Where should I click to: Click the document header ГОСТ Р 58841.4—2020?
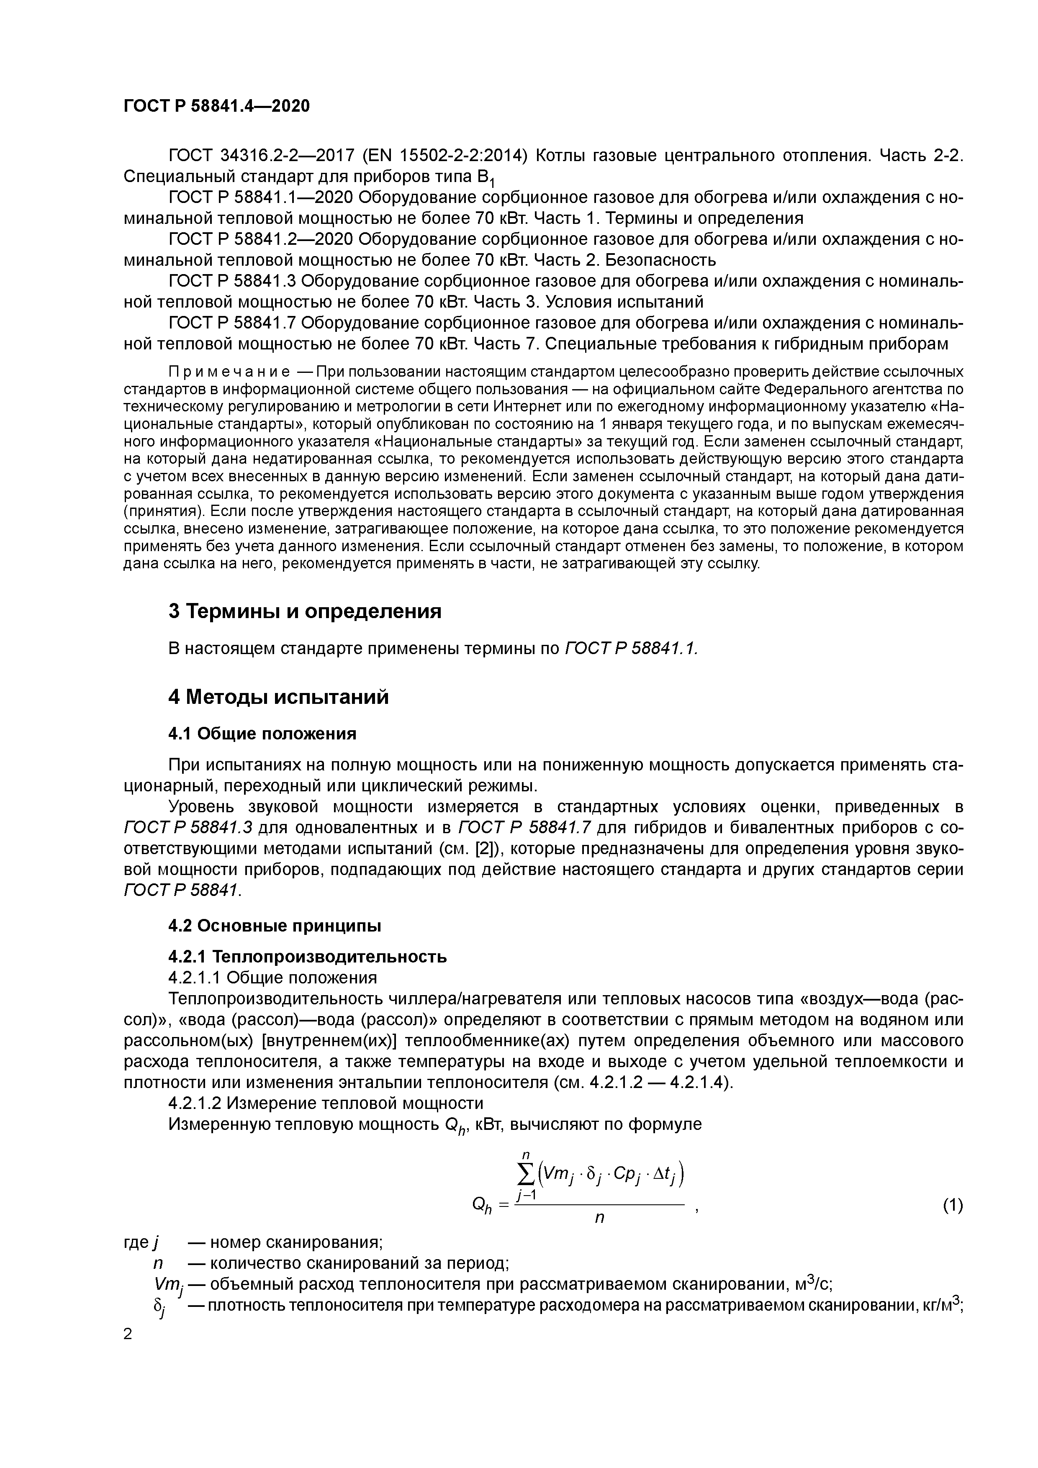pyautogui.click(x=216, y=105)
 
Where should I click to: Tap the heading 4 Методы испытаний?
pyautogui.click(x=278, y=696)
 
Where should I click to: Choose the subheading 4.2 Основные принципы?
pyautogui.click(x=275, y=925)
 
